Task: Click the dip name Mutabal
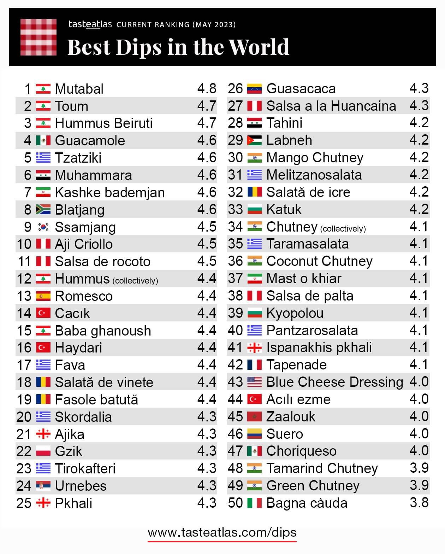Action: point(79,89)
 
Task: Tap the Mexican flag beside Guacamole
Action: point(43,140)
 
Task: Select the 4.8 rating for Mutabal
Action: point(207,88)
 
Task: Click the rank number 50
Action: point(235,503)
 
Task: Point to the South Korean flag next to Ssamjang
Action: point(43,227)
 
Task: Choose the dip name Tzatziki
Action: point(78,158)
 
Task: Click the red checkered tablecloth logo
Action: point(38,37)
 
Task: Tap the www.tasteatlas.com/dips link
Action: point(222,532)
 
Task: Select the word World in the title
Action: point(259,47)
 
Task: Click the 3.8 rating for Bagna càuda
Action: point(419,502)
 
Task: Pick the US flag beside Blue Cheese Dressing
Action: point(254,382)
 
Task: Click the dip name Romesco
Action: point(84,296)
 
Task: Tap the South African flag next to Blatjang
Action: point(43,210)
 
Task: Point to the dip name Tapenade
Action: point(296,365)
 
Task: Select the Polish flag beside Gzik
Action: point(43,451)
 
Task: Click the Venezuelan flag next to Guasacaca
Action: point(254,88)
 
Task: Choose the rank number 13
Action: point(24,296)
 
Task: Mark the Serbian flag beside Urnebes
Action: point(43,486)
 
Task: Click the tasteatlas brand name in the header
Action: point(90,24)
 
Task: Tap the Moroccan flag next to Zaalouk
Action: point(254,416)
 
